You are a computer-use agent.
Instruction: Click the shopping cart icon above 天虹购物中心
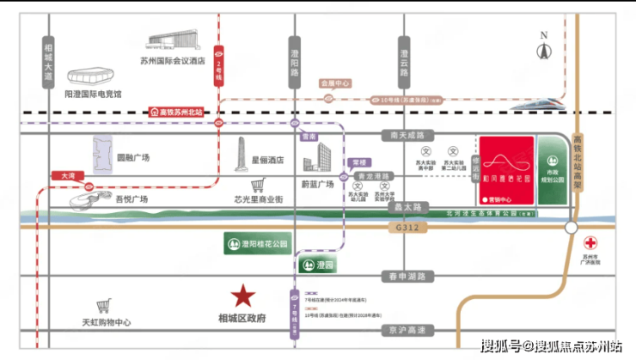(104, 305)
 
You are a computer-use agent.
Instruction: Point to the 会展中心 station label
(335, 83)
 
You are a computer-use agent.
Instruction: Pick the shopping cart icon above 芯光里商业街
(255, 184)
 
